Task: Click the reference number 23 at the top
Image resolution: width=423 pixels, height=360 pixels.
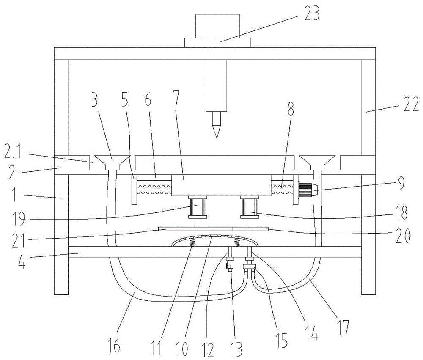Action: point(311,14)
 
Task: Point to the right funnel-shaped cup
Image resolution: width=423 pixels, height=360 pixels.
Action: point(317,161)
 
